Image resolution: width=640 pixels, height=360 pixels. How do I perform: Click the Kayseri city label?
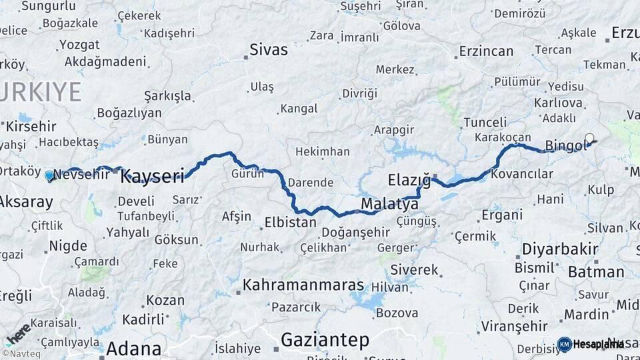pyautogui.click(x=152, y=177)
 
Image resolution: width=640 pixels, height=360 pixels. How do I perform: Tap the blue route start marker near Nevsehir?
pyautogui.click(x=49, y=177)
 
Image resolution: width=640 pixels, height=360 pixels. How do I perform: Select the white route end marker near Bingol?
pyautogui.click(x=589, y=139)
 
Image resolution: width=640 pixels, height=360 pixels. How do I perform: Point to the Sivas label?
pyautogui.click(x=269, y=49)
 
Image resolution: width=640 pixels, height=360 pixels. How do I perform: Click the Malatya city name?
pyautogui.click(x=389, y=203)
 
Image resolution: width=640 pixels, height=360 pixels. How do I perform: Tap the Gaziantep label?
pyautogui.click(x=325, y=340)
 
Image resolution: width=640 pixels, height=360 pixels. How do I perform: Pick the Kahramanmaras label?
pyautogui.click(x=303, y=285)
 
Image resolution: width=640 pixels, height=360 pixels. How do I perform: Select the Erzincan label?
pyautogui.click(x=487, y=51)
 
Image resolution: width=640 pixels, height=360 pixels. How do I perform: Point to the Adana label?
pyautogui.click(x=133, y=348)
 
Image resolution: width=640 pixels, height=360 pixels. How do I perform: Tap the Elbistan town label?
pyautogui.click(x=290, y=222)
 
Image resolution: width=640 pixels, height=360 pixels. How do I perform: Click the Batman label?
pyautogui.click(x=596, y=272)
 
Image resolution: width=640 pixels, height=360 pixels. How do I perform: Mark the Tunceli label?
pyautogui.click(x=485, y=123)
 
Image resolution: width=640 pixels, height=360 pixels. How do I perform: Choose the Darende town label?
pyautogui.click(x=311, y=182)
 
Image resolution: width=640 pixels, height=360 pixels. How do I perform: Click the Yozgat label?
pyautogui.click(x=79, y=45)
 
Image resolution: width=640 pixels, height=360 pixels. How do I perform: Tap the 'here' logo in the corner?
pyautogui.click(x=18, y=334)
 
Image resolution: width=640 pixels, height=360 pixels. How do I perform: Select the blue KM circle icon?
pyautogui.click(x=565, y=344)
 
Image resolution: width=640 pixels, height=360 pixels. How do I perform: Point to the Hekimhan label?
pyautogui.click(x=323, y=152)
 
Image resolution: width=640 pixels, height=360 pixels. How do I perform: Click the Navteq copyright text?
pyautogui.click(x=21, y=354)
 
